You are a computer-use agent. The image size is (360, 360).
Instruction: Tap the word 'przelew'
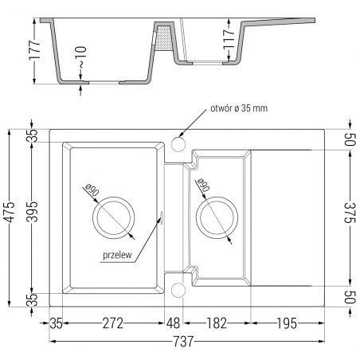click(117, 256)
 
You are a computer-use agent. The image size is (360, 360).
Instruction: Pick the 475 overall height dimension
click(10, 215)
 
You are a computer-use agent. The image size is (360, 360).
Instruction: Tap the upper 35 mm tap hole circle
click(178, 143)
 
